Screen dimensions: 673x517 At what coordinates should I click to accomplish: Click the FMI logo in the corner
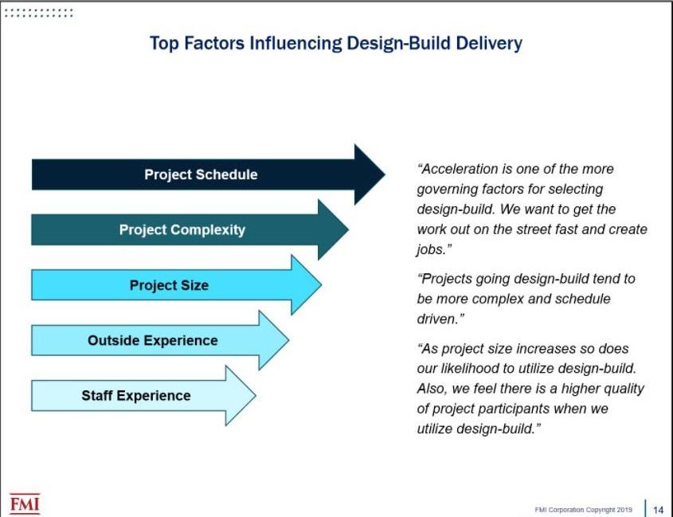25,503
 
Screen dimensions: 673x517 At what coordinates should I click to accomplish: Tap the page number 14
658,510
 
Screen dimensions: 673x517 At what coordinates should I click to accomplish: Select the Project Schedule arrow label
201,174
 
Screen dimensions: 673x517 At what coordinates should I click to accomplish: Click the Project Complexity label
182,229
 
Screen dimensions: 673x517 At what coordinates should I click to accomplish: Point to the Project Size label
169,285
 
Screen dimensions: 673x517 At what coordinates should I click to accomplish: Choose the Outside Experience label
153,340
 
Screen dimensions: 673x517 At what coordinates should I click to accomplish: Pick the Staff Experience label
136,395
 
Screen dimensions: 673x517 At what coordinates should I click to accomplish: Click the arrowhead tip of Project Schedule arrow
385,174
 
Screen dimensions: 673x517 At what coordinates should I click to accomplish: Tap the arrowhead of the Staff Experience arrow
241,395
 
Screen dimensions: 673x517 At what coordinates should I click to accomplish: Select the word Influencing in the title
295,44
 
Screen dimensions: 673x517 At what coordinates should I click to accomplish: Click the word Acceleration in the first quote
459,169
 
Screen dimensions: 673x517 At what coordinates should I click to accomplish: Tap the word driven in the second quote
436,319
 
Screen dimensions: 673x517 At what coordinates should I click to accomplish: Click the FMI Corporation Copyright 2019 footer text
583,510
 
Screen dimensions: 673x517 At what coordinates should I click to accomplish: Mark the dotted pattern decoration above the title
39,13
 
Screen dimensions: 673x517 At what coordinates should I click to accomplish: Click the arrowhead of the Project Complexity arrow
333,229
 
